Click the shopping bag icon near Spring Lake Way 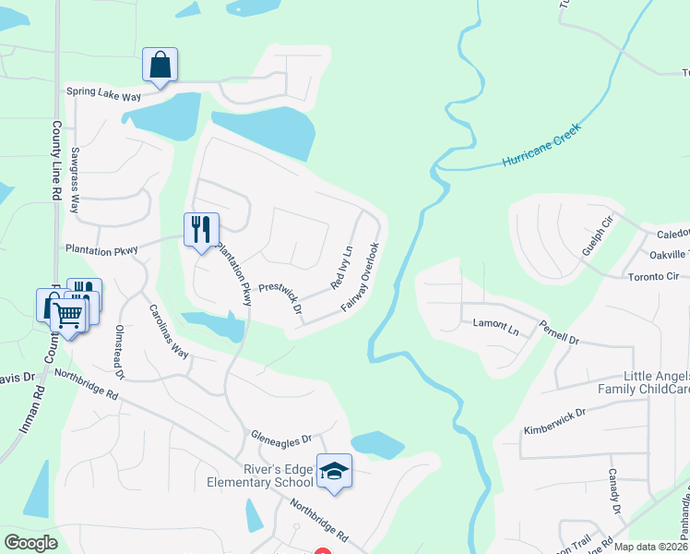pos(160,65)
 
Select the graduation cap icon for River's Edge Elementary pos(334,472)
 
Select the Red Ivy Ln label pos(340,268)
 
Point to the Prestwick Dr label pos(280,298)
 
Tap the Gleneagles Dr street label pos(281,436)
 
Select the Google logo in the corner pos(30,543)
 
